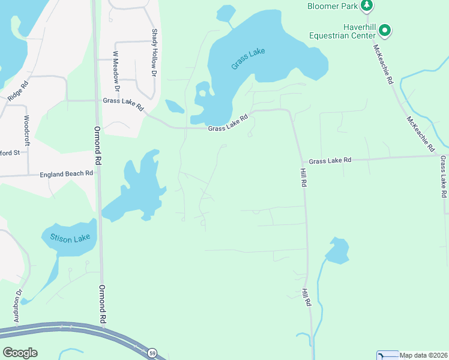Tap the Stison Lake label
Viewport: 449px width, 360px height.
(70, 239)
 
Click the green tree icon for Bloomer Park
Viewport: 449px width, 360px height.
(367, 6)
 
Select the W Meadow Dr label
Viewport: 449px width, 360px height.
(116, 71)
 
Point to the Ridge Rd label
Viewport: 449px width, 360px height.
(18, 90)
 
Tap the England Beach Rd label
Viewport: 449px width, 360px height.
(67, 174)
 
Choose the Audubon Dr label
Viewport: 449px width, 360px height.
(18, 305)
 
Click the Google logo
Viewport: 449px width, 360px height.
(20, 353)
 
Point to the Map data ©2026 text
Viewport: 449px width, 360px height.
(424, 355)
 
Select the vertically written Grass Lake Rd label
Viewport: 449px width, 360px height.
(443, 177)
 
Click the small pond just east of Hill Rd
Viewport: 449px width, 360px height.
(338, 250)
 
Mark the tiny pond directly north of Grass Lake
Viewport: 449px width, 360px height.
(226, 14)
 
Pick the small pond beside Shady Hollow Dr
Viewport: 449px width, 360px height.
(175, 107)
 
